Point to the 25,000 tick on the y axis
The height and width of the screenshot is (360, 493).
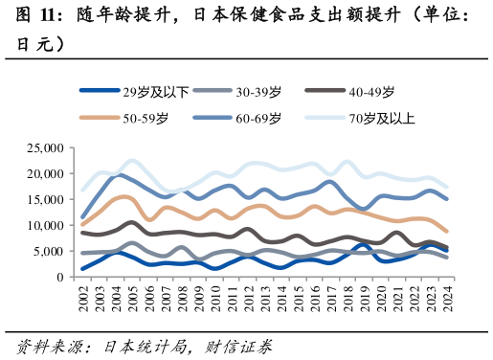[x=47, y=148]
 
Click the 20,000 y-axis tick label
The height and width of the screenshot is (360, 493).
[x=47, y=174]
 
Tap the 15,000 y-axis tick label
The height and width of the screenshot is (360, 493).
[x=47, y=200]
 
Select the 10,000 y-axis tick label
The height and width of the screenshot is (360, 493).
[x=47, y=226]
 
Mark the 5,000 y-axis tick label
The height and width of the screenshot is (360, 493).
[x=51, y=252]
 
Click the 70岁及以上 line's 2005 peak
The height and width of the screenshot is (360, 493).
[x=133, y=161]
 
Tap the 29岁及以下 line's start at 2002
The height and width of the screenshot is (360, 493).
[x=83, y=269]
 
